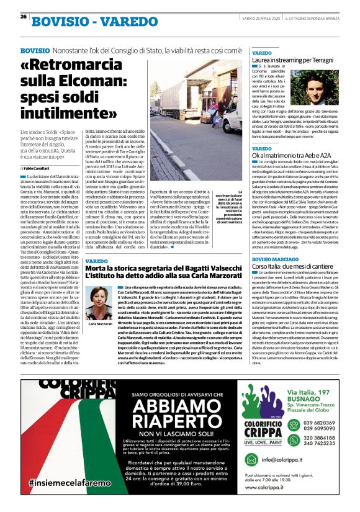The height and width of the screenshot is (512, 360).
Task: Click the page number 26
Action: click(x=24, y=17)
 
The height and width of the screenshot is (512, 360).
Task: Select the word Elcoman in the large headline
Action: click(x=102, y=90)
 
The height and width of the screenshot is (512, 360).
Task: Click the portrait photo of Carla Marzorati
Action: click(x=100, y=301)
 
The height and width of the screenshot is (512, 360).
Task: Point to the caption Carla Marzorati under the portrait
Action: click(x=100, y=324)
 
